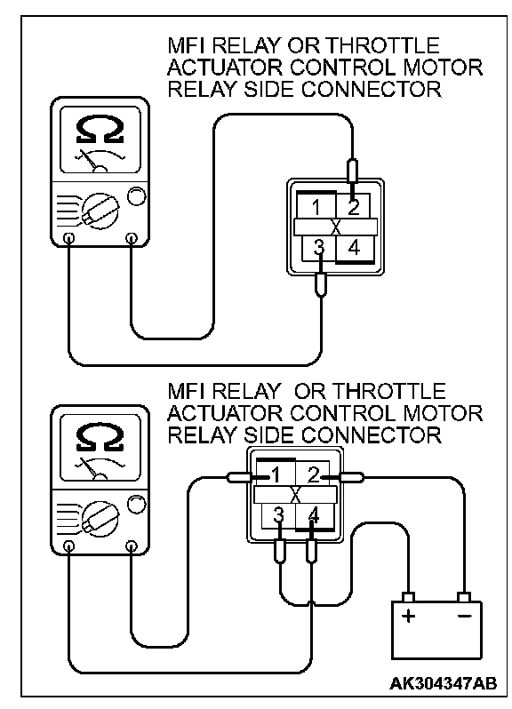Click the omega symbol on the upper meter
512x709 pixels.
click(100, 131)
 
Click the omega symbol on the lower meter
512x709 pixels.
click(100, 438)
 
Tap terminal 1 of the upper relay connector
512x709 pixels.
click(316, 208)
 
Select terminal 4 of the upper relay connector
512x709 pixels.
click(354, 248)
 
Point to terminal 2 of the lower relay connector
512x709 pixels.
click(314, 475)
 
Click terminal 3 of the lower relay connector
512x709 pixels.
click(278, 515)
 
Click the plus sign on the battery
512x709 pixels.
click(408, 616)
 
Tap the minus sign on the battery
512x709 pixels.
click(465, 616)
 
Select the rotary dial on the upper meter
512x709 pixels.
click(100, 211)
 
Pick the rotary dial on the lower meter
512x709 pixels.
click(100, 519)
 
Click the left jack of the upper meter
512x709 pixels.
click(68, 238)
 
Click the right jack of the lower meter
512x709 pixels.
click(132, 546)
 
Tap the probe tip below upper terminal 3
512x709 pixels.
click(320, 284)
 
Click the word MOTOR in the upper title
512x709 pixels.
click(443, 68)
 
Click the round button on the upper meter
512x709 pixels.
click(137, 196)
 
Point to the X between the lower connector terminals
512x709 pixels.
click(295, 495)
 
